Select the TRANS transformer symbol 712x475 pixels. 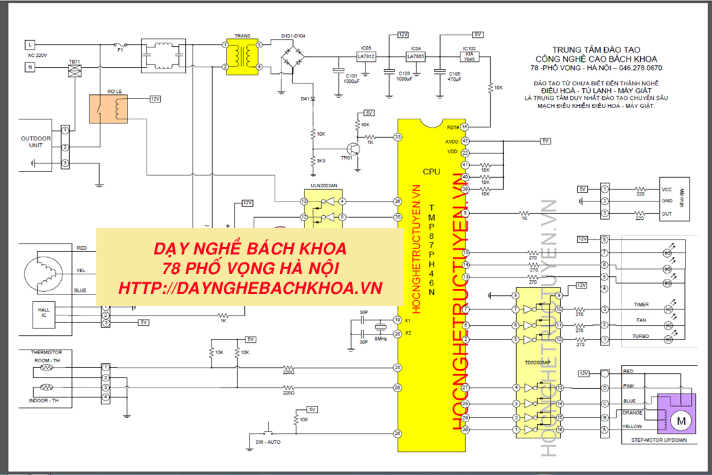click(242, 56)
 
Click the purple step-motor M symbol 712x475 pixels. click(679, 421)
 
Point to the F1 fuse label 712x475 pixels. click(121, 50)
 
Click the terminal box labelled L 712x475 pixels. click(30, 45)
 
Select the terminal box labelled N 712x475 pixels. click(30, 66)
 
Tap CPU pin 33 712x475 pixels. click(398, 137)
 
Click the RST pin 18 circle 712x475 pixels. click(464, 127)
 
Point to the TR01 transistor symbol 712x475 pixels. click(353, 149)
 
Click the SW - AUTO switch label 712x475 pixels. click(269, 442)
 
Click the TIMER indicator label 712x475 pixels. click(641, 305)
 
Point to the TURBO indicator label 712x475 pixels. click(641, 337)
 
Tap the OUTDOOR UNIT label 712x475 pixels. click(35, 142)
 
